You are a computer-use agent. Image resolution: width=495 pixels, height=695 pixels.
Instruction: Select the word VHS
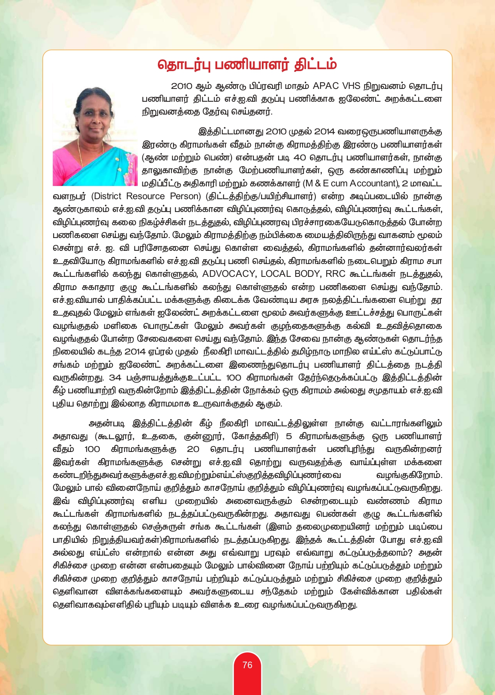pos(351,86)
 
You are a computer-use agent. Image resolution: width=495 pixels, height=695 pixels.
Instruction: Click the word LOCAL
pos(275,274)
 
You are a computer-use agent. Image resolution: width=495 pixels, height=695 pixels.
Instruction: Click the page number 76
pos(247,665)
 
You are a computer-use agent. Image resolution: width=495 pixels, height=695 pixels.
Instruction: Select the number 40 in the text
pos(299,158)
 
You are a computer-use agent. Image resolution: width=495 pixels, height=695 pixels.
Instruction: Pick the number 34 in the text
pos(115,378)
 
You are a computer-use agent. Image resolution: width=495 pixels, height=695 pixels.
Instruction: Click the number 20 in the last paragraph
pos(193,449)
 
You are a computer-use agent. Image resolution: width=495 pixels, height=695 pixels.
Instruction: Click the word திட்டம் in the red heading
pos(315,64)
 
